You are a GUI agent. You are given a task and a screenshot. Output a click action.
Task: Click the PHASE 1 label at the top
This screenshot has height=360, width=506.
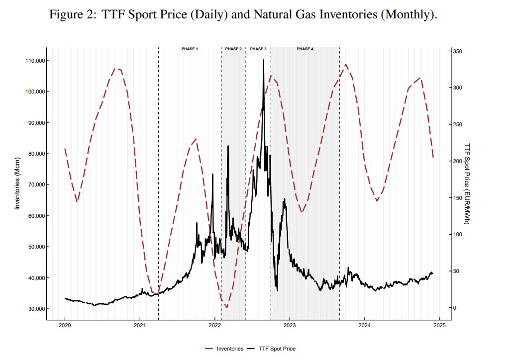(190, 49)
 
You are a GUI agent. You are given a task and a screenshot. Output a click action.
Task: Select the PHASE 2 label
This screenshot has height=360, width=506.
(233, 49)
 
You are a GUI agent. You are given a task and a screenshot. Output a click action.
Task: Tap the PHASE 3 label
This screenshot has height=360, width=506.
(258, 49)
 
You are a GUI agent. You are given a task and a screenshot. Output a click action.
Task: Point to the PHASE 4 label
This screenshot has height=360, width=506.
(305, 49)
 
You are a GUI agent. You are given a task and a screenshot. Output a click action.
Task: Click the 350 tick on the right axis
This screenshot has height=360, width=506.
(458, 51)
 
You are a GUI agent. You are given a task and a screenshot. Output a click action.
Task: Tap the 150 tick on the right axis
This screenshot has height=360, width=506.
(458, 198)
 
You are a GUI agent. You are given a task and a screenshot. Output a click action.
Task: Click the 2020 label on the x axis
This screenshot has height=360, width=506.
(65, 326)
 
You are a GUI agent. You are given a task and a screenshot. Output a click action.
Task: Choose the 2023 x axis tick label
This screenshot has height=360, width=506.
(290, 326)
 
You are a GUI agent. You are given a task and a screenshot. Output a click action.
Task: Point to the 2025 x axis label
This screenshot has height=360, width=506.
(439, 326)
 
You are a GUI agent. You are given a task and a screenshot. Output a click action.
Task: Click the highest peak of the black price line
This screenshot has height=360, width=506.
(263, 60)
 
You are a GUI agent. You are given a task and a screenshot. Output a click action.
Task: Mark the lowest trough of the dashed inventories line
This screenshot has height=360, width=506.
(227, 308)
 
